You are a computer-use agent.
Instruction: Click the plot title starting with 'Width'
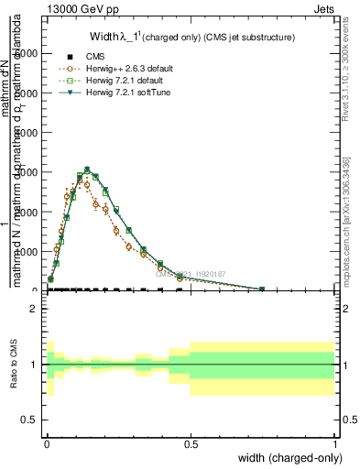tap(192, 37)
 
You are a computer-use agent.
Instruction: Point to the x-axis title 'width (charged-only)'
tap(287, 455)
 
